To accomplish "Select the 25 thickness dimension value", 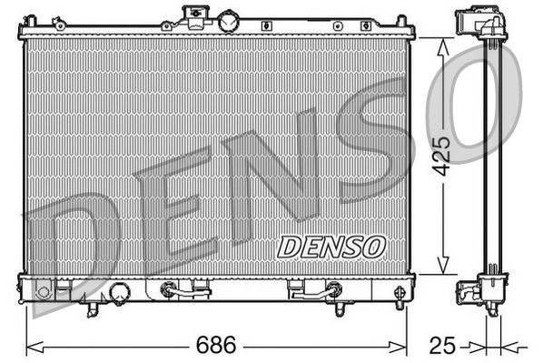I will [x=443, y=346].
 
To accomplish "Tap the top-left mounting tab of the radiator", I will [x=30, y=20].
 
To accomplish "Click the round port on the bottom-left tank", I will [x=119, y=292].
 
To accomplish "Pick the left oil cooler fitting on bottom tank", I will [x=167, y=291].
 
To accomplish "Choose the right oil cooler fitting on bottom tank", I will [x=334, y=291].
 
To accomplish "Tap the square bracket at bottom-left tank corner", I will [x=44, y=292].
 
